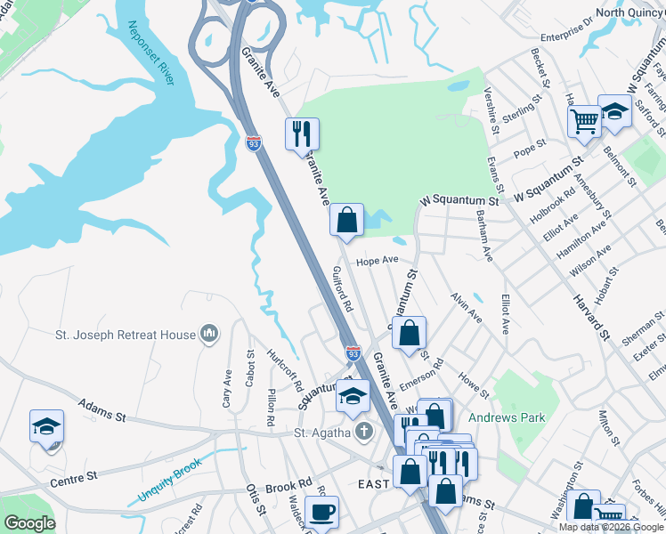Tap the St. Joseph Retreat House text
click(125, 335)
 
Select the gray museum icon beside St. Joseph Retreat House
click(209, 334)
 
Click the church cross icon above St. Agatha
click(362, 433)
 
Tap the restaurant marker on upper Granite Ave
click(302, 133)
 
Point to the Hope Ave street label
click(377, 261)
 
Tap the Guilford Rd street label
click(343, 288)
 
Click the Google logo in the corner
click(29, 523)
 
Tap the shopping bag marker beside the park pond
click(346, 220)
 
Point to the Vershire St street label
click(491, 108)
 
